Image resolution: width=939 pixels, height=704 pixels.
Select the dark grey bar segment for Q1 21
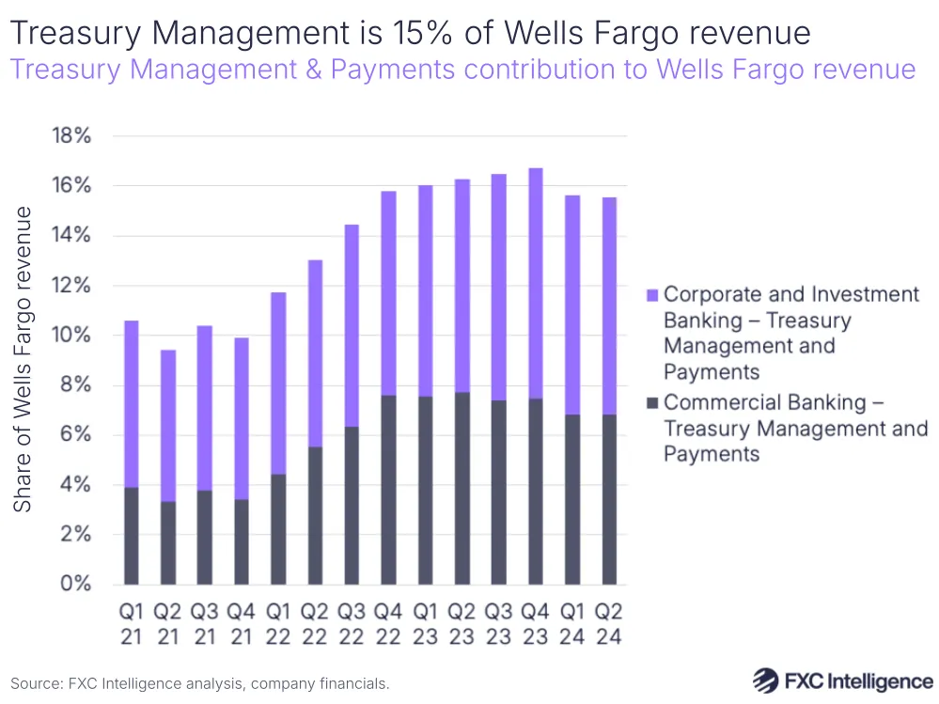point(131,536)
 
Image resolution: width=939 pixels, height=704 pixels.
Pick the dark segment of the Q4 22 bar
point(388,490)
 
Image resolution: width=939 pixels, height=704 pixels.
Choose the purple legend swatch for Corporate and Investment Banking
point(650,295)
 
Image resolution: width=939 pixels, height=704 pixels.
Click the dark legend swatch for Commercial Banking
point(650,403)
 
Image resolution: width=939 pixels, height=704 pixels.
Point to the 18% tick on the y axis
point(70,136)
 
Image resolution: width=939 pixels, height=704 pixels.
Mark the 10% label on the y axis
point(70,336)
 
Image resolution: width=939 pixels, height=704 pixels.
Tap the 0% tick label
point(76,584)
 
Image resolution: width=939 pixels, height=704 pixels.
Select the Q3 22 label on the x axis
point(352,623)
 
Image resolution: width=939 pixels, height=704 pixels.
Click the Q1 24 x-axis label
point(572,623)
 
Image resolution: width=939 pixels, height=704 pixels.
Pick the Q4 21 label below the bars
point(241,623)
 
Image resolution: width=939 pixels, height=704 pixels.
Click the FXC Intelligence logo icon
point(767,681)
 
